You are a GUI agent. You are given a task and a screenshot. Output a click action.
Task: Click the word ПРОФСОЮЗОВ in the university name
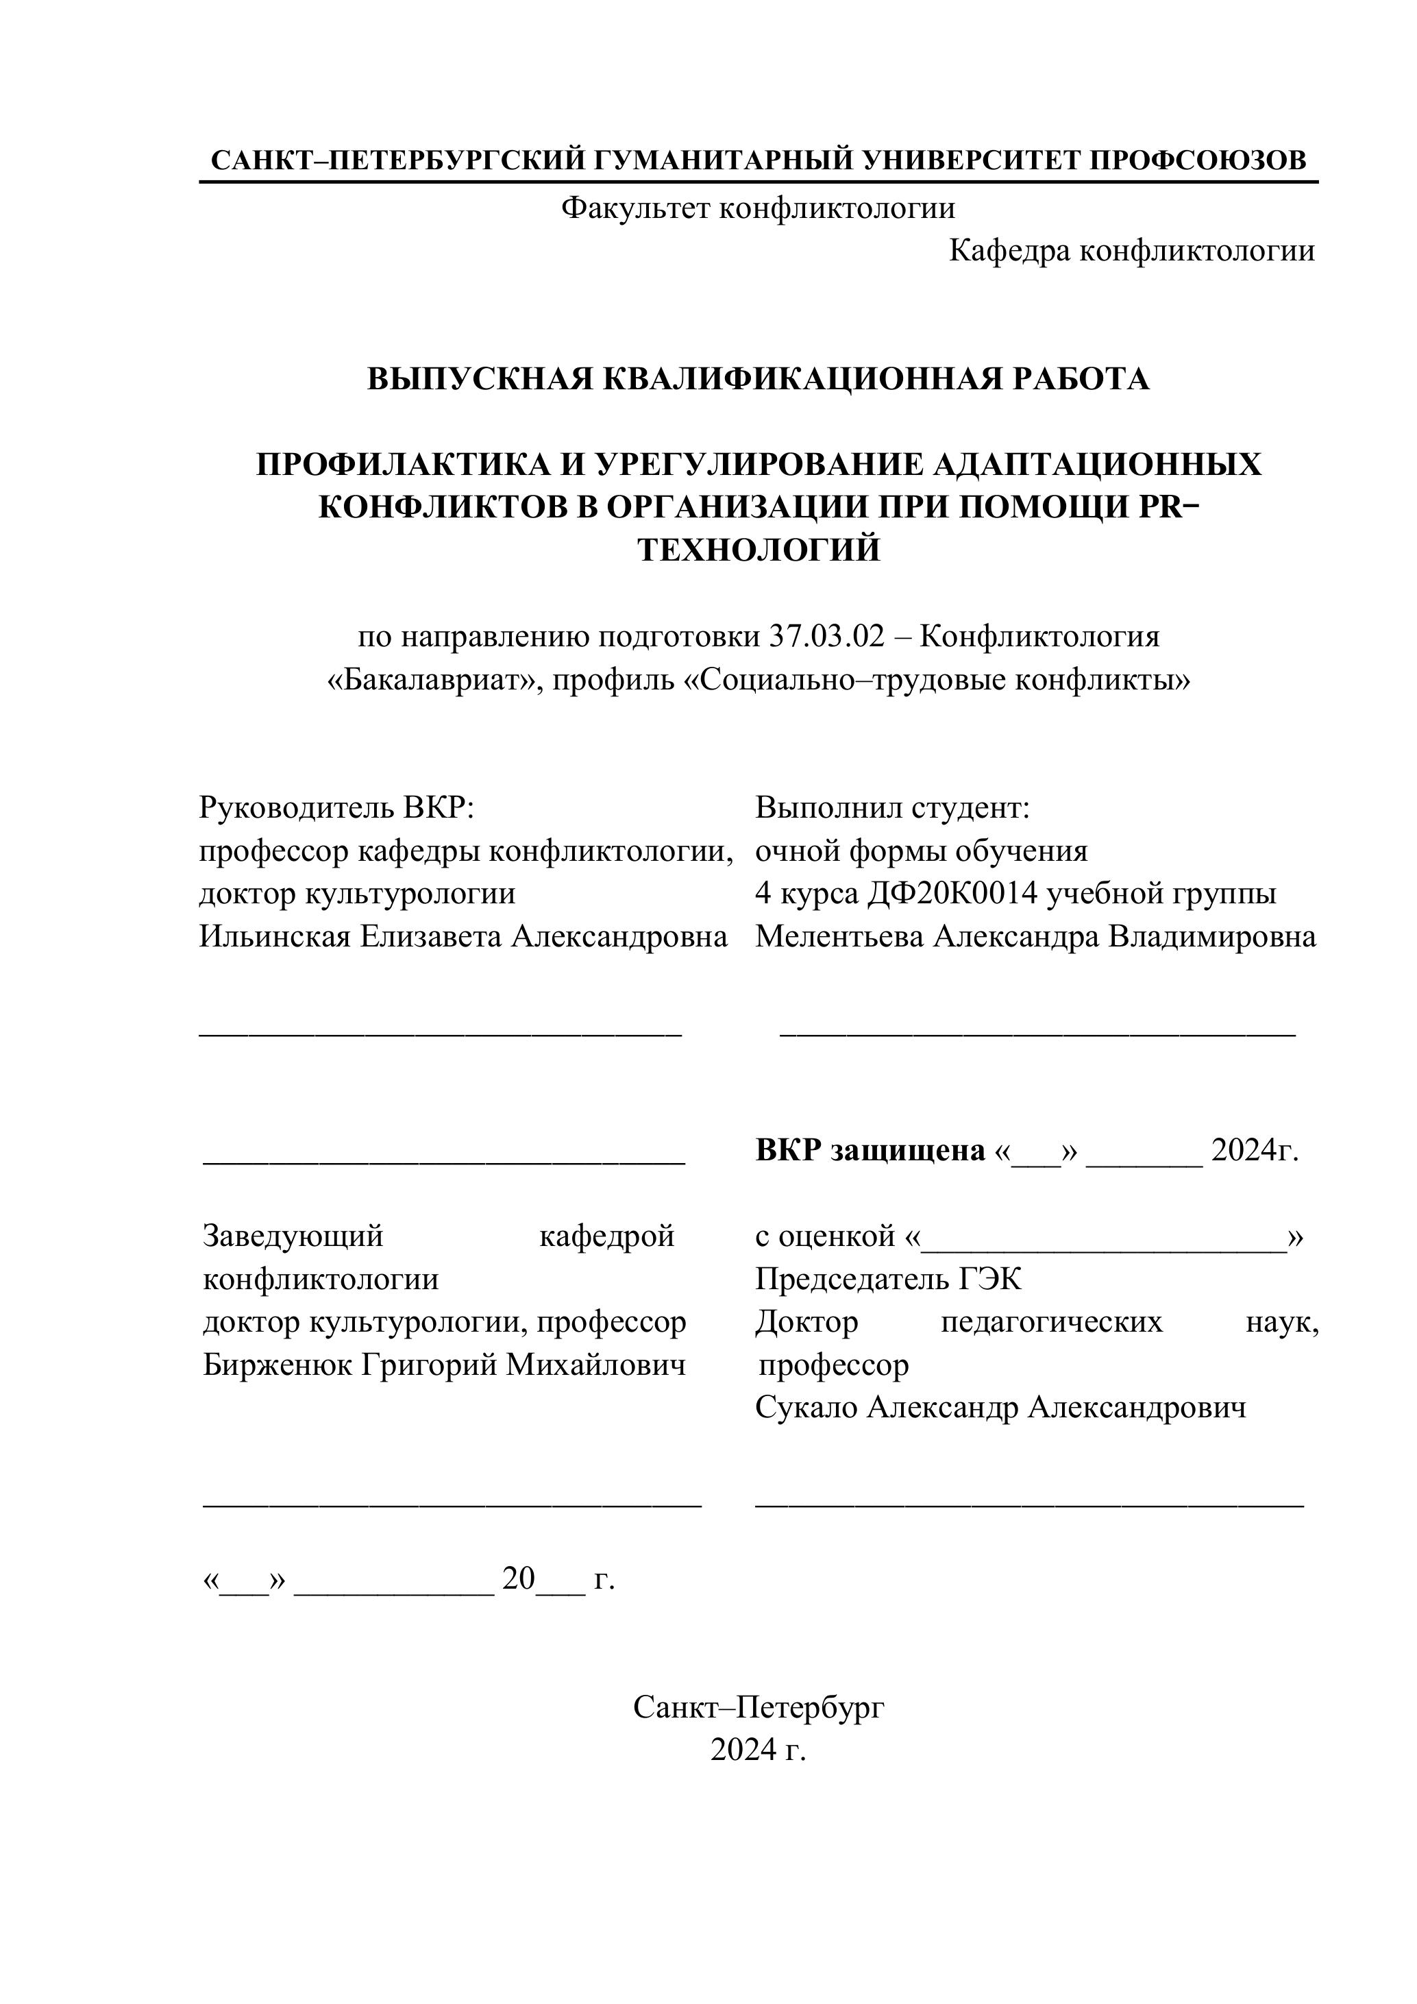(1198, 160)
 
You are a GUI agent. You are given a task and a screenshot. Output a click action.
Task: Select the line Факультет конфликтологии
(757, 208)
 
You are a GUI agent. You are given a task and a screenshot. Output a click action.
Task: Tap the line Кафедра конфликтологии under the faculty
(1131, 252)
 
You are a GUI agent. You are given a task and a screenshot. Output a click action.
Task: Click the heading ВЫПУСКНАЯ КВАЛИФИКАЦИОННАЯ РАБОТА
(757, 379)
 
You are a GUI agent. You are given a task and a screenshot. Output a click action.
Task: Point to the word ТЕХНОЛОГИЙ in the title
(759, 551)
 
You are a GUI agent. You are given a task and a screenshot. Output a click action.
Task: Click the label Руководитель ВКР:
(336, 808)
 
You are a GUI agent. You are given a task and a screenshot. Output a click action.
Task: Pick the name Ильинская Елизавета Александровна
(463, 936)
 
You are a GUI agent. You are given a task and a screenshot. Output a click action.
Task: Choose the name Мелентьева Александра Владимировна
(1035, 936)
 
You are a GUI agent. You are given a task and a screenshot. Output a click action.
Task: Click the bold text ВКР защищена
(870, 1151)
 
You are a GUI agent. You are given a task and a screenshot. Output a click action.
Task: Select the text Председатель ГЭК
(888, 1280)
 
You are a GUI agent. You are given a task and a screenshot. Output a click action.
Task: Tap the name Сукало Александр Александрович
(1000, 1408)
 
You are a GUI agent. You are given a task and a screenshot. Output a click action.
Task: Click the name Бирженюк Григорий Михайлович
(444, 1365)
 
